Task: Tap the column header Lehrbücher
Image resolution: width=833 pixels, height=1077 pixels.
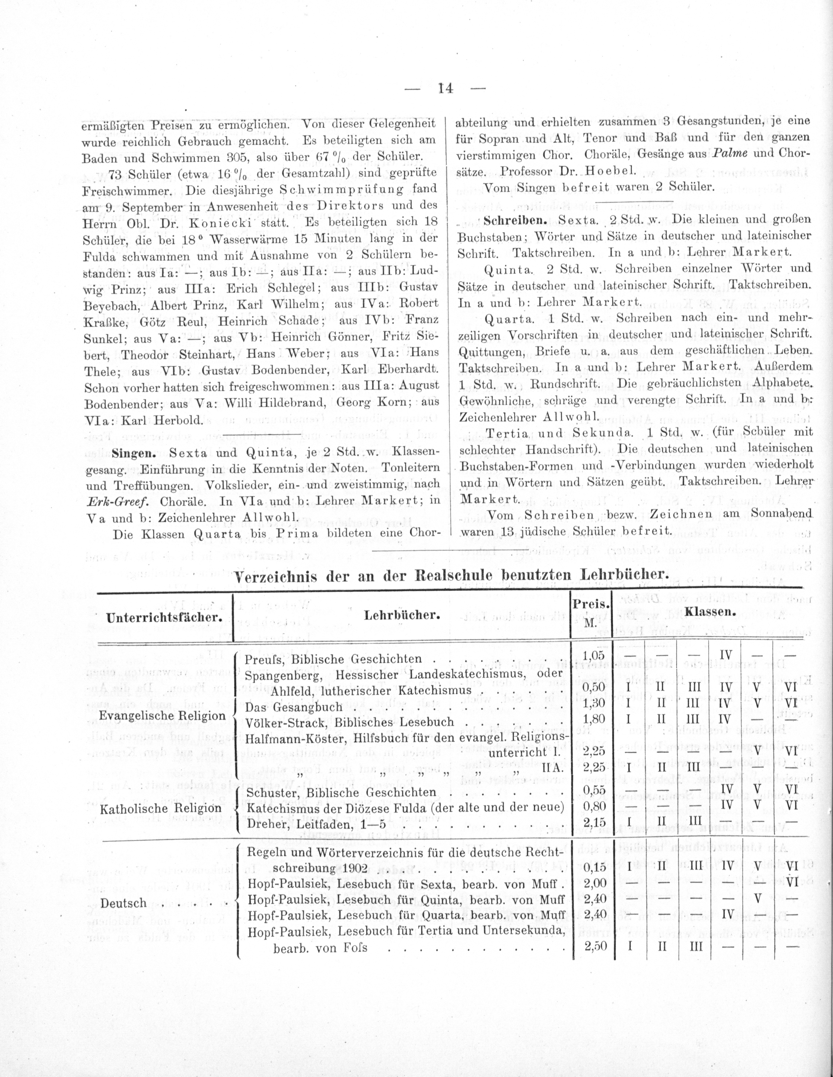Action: point(402,615)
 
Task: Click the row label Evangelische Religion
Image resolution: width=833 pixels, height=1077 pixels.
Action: point(162,715)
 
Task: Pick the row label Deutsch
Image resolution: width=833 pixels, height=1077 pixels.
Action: point(124,903)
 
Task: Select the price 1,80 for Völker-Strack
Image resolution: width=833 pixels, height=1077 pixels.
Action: point(593,719)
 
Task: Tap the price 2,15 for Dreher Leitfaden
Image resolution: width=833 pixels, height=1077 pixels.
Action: point(593,823)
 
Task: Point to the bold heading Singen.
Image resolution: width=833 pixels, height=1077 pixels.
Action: point(134,453)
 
